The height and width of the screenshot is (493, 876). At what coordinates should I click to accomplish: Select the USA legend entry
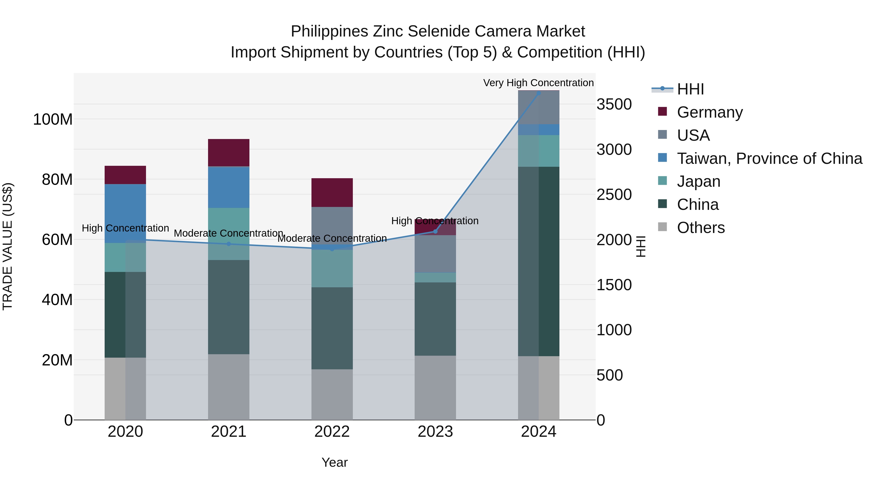pos(693,135)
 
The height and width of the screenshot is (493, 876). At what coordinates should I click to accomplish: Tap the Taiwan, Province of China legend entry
pos(769,158)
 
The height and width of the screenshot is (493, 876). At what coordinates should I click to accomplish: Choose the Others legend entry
pos(701,228)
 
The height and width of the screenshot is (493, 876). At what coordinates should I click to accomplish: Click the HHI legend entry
pos(690,89)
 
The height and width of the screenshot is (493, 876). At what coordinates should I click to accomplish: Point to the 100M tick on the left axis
pos(53,120)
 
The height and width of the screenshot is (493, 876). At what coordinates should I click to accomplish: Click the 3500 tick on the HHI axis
pos(614,104)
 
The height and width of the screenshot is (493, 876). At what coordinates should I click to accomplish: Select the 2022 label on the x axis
pos(332,432)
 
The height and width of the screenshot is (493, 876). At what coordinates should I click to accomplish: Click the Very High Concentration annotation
pos(538,83)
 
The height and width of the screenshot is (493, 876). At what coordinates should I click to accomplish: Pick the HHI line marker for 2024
pos(538,93)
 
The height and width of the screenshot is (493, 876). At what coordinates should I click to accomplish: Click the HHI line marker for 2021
pos(228,244)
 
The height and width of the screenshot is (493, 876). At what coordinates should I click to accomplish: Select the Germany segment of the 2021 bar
pos(228,152)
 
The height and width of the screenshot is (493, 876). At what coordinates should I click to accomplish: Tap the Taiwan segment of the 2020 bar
pos(125,213)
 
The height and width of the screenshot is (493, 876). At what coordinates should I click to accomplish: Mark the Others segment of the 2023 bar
pos(435,388)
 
